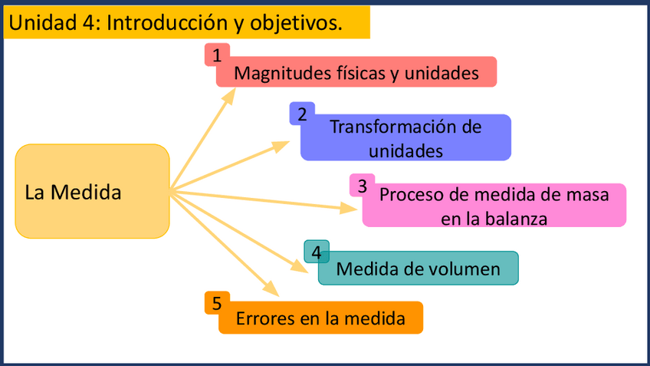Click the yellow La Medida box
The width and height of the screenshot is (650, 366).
click(x=92, y=191)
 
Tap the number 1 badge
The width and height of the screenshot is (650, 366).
click(x=218, y=54)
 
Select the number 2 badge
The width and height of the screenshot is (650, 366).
click(x=302, y=114)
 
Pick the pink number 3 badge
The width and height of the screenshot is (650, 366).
click(x=362, y=185)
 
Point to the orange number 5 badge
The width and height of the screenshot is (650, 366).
click(x=217, y=303)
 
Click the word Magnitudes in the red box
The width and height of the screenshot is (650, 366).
click(x=273, y=74)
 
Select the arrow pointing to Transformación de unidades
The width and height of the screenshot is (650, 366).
click(x=230, y=165)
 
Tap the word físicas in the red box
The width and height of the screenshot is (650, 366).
click(x=371, y=74)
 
